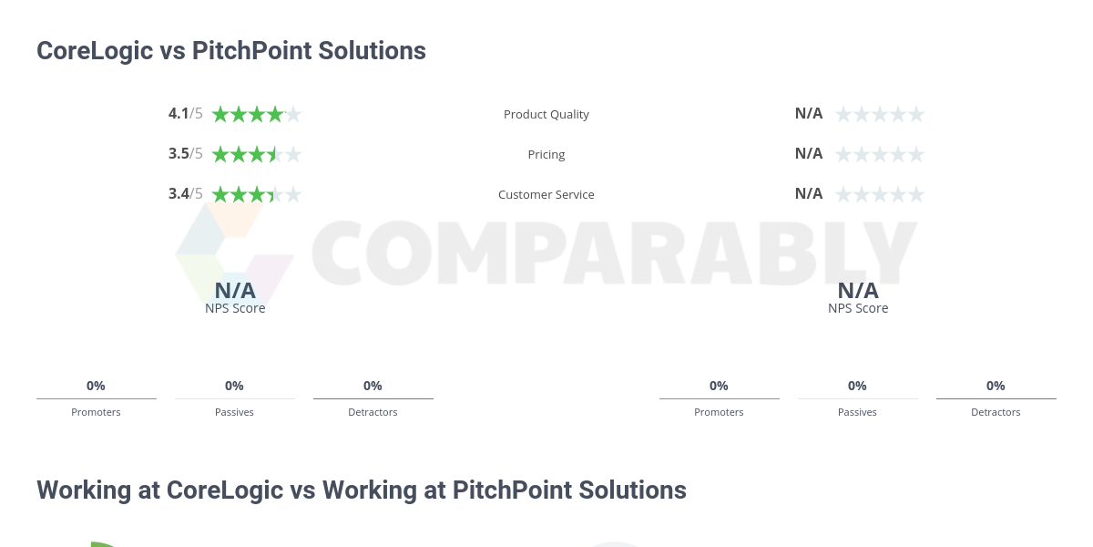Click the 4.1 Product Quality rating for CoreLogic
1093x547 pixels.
(179, 114)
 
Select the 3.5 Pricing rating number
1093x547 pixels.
(179, 154)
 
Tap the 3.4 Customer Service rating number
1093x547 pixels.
(179, 194)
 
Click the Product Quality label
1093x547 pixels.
(546, 115)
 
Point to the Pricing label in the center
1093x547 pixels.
(546, 155)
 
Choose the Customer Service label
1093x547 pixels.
(546, 195)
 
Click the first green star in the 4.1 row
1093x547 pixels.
(220, 114)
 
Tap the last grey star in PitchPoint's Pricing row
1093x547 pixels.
(916, 154)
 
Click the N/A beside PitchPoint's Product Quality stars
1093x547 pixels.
(809, 114)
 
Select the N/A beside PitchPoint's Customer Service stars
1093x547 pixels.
(809, 194)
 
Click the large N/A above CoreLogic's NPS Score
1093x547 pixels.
(235, 291)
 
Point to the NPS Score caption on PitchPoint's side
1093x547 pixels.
(858, 308)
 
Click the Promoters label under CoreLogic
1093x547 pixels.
(96, 412)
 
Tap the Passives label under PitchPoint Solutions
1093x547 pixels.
(857, 412)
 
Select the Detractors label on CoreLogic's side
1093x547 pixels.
(373, 412)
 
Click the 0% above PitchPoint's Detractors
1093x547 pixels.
(996, 386)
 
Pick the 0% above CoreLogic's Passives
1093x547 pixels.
(234, 386)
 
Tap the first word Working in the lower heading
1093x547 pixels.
(83, 490)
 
